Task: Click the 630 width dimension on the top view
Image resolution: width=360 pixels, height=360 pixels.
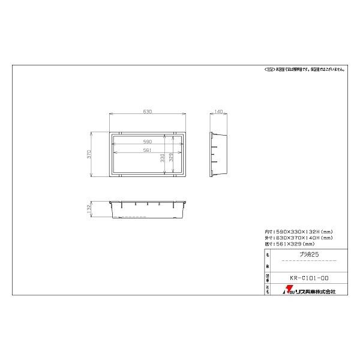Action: coord(148,112)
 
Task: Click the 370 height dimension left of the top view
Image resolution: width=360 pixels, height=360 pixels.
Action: coord(89,154)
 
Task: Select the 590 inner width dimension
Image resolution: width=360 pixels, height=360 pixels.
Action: coord(147,141)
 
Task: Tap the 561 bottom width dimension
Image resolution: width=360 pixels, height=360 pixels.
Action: coord(147,150)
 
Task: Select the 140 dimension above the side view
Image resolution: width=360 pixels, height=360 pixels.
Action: coord(218,112)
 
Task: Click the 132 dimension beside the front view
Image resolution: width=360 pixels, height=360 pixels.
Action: coord(89,209)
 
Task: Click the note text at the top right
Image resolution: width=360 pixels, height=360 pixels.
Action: coord(304,70)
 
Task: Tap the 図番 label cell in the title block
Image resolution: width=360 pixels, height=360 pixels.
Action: coord(267,277)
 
